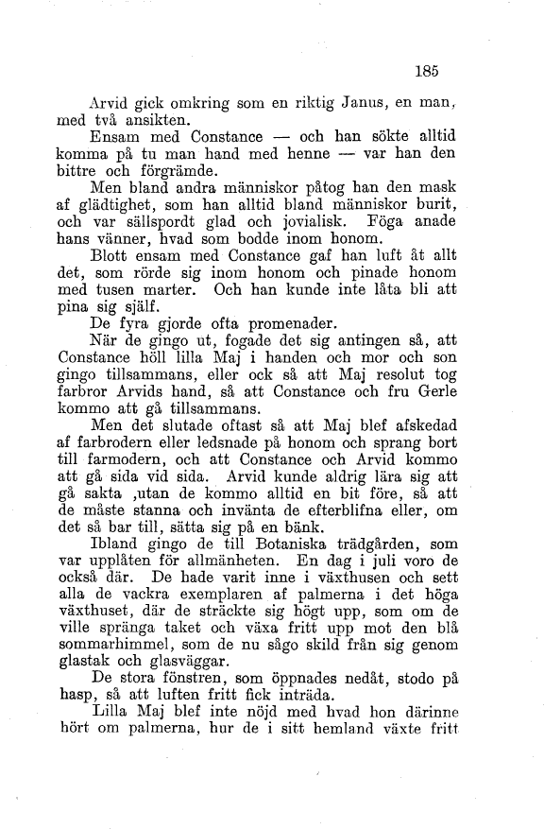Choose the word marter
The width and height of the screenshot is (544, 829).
pos(176,312)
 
